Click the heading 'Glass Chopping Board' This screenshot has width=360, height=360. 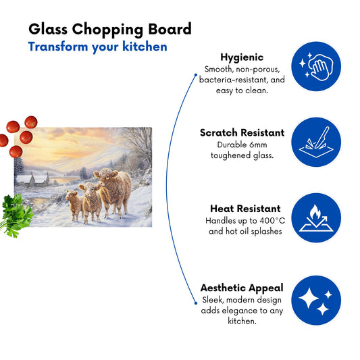pos(110,30)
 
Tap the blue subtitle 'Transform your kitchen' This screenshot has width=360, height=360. pos(97,47)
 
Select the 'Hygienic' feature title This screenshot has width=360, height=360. pos(242,57)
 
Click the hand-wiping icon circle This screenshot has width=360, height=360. pos(316,66)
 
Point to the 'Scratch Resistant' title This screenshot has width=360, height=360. pos(242,132)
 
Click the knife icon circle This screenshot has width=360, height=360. pos(316,142)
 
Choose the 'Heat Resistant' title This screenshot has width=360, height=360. pos(245,209)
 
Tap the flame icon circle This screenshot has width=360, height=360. pos(316,217)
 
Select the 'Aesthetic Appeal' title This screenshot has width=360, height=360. pos(242,288)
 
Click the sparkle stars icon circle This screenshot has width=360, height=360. pos(316,301)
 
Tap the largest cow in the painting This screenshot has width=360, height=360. pos(113,191)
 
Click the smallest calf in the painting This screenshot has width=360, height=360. pos(74,205)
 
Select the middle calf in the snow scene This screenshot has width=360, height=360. pos(91,202)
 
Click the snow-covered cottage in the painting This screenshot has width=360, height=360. pos(32,180)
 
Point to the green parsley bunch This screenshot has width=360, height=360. pos(16,215)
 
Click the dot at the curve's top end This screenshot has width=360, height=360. pos(196,75)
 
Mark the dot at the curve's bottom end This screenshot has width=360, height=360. pos(196,303)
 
